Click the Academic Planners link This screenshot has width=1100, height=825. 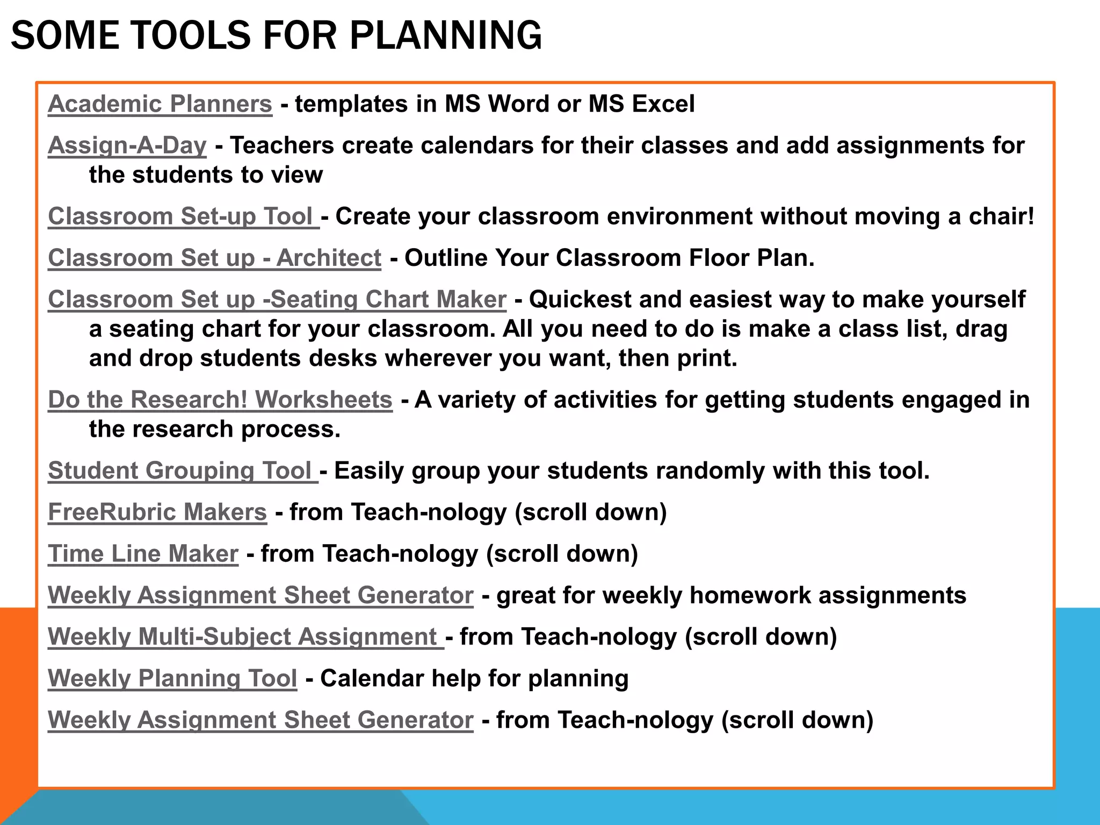160,104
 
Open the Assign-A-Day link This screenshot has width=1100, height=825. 127,146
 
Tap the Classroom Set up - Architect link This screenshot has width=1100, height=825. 214,258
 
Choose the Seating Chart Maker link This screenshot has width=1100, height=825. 277,299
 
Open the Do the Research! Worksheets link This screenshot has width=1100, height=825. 220,400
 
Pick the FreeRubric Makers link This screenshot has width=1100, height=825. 157,512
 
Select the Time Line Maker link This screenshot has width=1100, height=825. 143,554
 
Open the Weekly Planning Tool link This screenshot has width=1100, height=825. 172,678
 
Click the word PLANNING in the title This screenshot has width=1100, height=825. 446,35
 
